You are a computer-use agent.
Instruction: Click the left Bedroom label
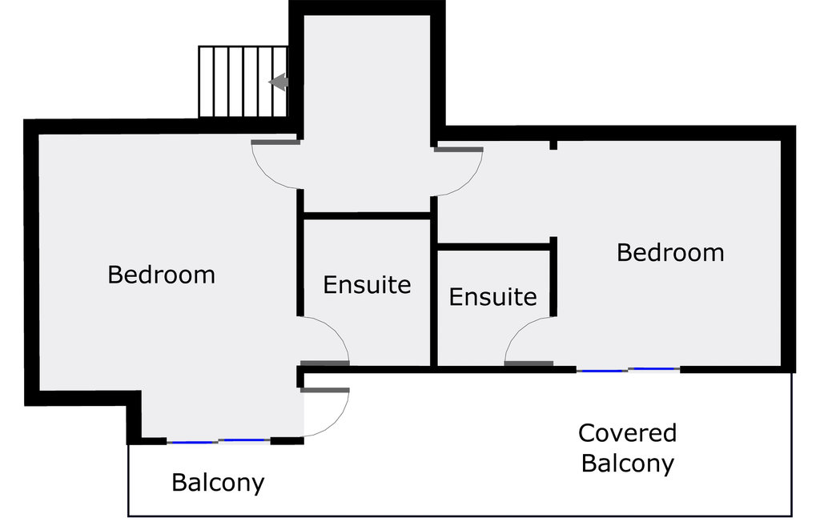161,275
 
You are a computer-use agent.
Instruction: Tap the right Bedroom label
670,253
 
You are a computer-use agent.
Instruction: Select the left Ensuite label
367,284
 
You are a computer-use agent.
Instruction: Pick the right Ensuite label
492,297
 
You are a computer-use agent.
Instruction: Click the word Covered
627,433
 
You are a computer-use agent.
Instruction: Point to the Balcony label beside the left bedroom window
218,483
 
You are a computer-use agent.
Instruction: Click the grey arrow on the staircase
279,82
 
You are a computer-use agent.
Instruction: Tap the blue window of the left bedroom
218,440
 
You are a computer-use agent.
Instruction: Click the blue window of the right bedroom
629,370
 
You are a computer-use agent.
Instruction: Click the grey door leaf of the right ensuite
529,364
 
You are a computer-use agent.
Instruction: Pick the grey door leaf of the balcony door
325,391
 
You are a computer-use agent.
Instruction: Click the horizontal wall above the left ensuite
368,215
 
